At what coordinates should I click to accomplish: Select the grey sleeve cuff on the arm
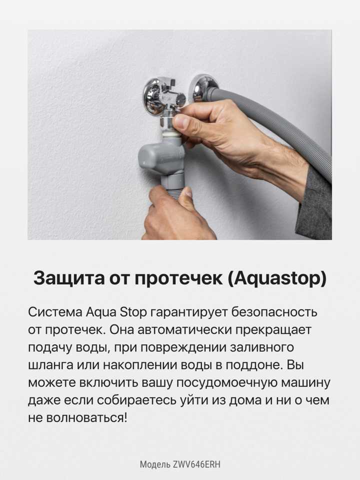coord(315,205)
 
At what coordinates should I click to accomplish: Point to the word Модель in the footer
coord(155,464)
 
